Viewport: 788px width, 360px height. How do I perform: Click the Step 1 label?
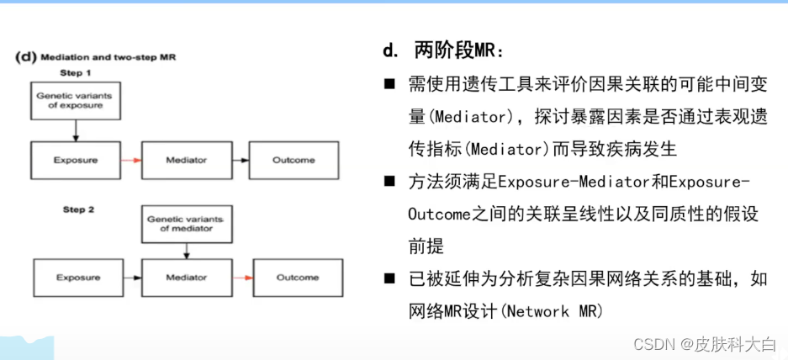[76, 73]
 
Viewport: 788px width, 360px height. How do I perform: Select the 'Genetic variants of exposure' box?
[74, 101]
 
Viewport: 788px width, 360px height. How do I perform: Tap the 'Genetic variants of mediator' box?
[186, 224]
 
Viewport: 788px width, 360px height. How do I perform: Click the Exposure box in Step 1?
[76, 160]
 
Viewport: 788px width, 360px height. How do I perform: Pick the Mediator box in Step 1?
[186, 160]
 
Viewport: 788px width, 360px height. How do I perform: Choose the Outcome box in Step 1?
[294, 160]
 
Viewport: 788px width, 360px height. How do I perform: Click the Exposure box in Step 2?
[78, 277]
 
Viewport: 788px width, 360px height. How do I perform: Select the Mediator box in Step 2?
[186, 277]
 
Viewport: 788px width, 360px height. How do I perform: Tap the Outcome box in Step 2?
[297, 277]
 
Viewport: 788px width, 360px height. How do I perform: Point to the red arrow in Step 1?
[130, 160]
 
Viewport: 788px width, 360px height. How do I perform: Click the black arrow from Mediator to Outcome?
[240, 160]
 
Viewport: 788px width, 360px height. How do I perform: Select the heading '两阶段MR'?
[458, 51]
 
